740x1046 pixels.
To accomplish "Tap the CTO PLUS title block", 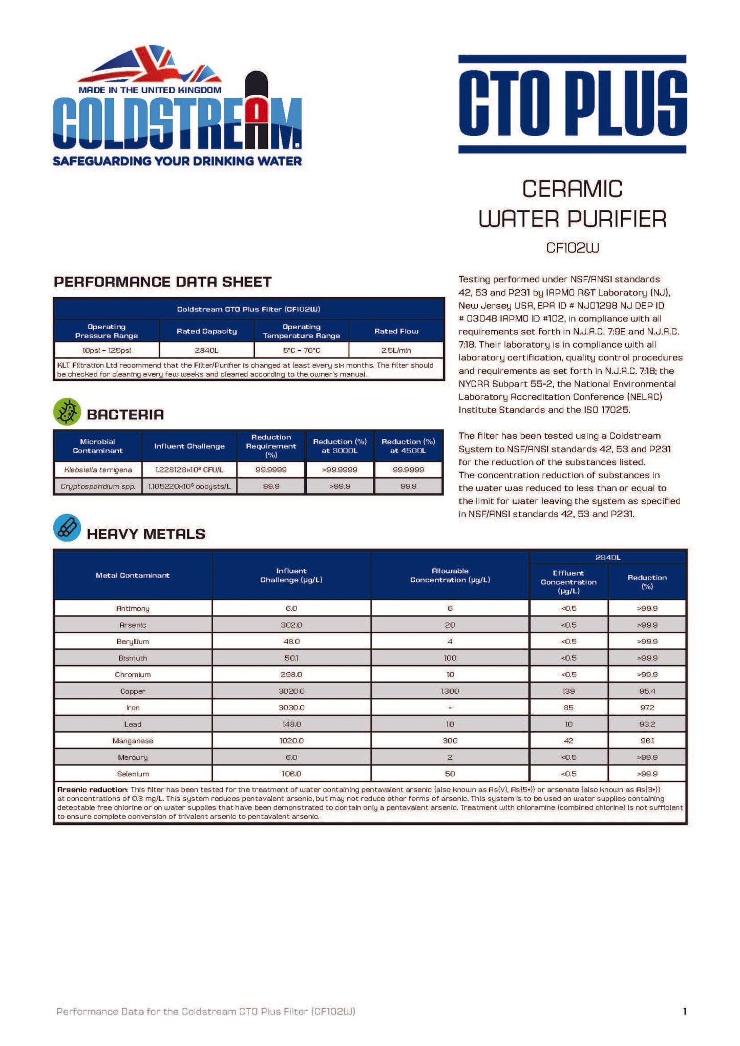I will (572, 104).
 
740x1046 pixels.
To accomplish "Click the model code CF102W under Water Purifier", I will (572, 248).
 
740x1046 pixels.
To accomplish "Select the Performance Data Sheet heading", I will (162, 282).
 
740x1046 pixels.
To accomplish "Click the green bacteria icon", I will (67, 412).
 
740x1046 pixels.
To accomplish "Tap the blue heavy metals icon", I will (67, 528).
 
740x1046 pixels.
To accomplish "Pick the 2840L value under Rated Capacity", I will (206, 350).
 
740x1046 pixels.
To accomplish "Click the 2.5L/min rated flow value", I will (396, 350).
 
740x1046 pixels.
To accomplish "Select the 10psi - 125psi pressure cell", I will (107, 350).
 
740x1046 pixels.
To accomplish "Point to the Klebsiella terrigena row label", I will (98, 469).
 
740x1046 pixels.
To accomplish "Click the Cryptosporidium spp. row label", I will (98, 486).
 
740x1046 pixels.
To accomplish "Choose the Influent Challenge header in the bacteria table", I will (189, 446).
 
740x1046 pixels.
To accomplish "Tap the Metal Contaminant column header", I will (133, 575).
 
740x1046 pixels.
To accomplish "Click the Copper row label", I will (133, 691).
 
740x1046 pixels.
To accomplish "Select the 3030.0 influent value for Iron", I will (291, 708).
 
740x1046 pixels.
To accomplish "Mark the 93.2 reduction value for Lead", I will (647, 724).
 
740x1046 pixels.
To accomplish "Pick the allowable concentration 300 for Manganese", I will (450, 741).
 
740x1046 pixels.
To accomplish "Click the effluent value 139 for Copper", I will (568, 691).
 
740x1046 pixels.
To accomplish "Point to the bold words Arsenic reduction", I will (92, 789).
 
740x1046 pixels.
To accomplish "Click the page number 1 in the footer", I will (685, 1011).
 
